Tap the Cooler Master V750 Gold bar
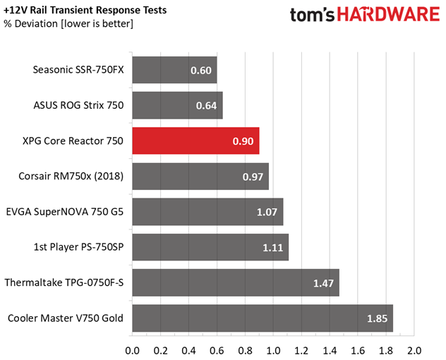tap(262, 318)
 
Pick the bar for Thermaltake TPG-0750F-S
tap(235, 282)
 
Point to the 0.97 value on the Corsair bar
tap(253, 176)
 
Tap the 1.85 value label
tap(378, 318)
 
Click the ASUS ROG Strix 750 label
tap(78, 106)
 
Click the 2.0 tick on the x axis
tap(414, 349)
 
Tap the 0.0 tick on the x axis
tap(132, 349)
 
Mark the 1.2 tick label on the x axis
tap(301, 349)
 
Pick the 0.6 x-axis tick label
tap(217, 349)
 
